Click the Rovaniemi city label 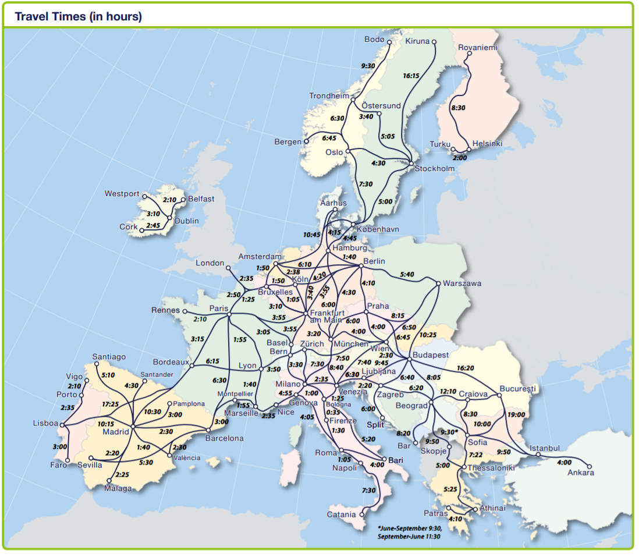[x=478, y=48]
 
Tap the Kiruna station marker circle [x=434, y=42]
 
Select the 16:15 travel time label [x=411, y=76]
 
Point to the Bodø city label [x=374, y=40]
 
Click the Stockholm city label [x=434, y=168]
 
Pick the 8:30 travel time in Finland [x=458, y=108]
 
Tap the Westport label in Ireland [x=122, y=194]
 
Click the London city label [x=210, y=263]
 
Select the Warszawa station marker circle [x=438, y=283]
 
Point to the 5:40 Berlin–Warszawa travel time [x=407, y=275]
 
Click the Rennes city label [x=165, y=310]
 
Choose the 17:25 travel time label [x=110, y=403]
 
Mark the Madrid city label [x=116, y=432]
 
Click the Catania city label [x=341, y=515]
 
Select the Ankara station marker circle [x=589, y=466]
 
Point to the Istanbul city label [x=545, y=448]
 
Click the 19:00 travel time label [x=516, y=415]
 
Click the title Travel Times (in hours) [x=78, y=16]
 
